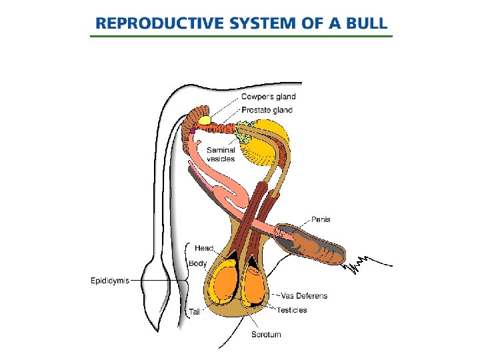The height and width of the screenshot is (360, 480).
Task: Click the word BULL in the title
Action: (364, 23)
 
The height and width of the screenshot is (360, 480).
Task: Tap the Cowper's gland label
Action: (268, 97)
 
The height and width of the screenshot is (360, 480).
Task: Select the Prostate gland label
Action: (267, 109)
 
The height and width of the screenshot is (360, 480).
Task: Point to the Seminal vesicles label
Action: (221, 154)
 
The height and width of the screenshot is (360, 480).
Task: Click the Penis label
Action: (321, 219)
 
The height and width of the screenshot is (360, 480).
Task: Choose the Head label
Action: (204, 249)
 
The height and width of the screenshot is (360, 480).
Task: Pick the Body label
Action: (197, 263)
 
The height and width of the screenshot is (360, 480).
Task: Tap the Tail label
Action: (194, 311)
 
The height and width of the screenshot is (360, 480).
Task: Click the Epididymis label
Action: (110, 281)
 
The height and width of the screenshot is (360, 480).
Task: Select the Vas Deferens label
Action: (304, 296)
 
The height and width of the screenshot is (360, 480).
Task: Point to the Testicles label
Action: (292, 310)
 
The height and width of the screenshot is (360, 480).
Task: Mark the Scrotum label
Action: (266, 334)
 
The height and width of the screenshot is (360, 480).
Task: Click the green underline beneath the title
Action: (241, 35)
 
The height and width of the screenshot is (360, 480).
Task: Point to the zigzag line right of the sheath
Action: (357, 265)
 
